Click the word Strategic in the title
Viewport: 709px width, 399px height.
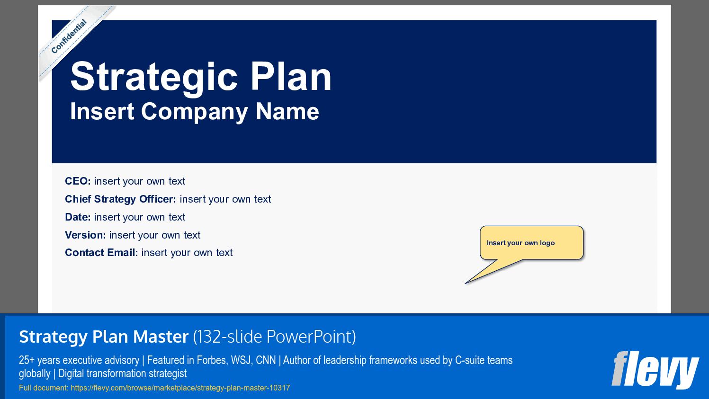coord(154,77)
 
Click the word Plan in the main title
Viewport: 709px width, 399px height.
coord(291,77)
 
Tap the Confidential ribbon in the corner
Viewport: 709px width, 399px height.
coord(69,36)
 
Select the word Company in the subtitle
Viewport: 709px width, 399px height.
coord(194,112)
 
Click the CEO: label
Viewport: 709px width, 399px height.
coord(78,181)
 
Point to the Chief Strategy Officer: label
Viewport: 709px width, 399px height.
coord(120,199)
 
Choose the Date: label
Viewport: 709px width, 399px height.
coord(78,217)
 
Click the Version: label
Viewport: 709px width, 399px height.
coord(85,235)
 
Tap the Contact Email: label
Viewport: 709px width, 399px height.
coord(101,253)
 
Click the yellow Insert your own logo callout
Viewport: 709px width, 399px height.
coord(531,243)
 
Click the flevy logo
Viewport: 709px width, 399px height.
coord(655,370)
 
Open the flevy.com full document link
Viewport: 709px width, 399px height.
coord(180,388)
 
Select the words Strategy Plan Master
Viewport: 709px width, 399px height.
coord(104,337)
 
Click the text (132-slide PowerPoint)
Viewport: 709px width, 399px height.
coord(274,337)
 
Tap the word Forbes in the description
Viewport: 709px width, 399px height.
coord(211,360)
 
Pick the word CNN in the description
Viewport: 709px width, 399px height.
coord(266,360)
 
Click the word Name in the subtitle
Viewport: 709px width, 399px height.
coord(287,112)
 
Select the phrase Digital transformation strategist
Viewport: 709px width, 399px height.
coord(122,373)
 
